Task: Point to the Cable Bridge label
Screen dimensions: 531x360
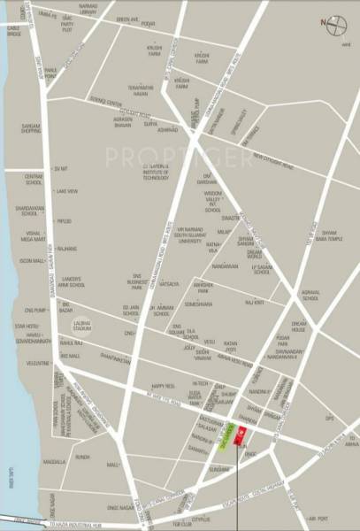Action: pos(14,55)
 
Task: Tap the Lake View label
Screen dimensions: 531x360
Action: pos(66,190)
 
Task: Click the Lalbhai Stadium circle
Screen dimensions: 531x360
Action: pos(83,326)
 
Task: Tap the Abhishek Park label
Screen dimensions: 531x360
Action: pos(205,287)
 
